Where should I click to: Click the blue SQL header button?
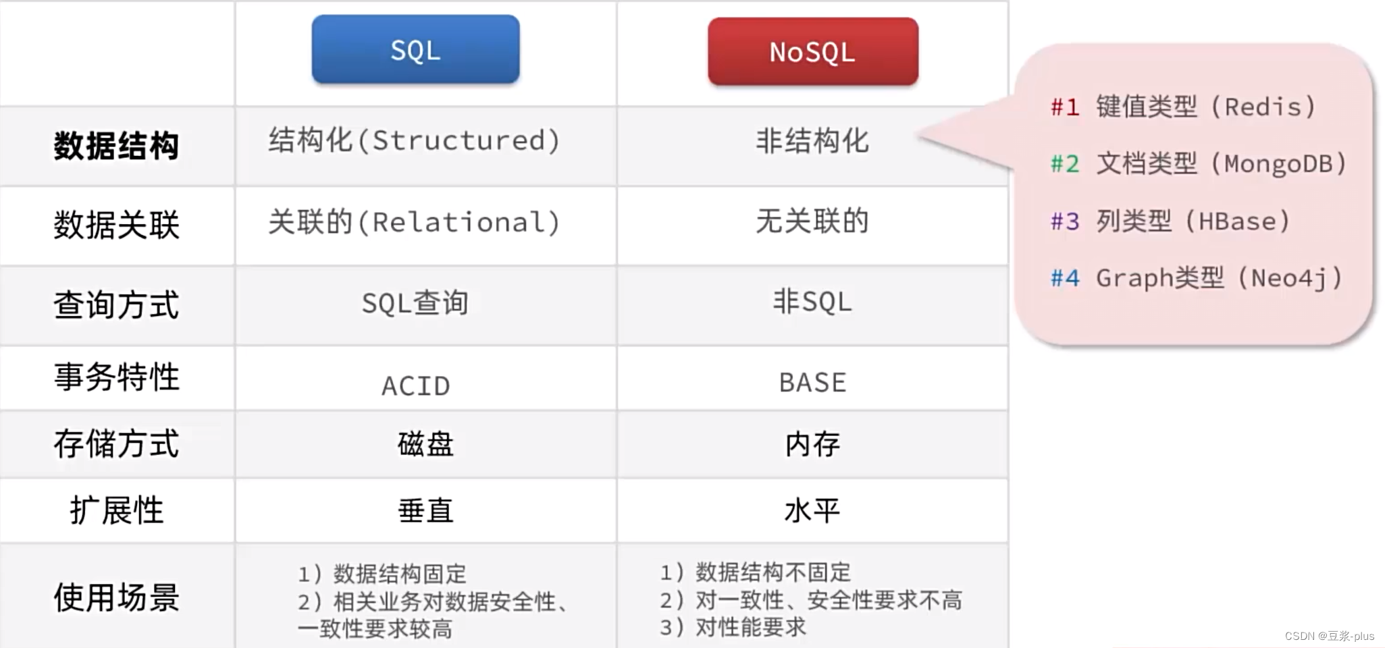pos(415,49)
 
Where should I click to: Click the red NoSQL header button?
pos(813,51)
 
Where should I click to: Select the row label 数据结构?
pos(116,146)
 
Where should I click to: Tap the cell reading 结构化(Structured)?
pos(415,140)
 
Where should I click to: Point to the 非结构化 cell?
pos(812,141)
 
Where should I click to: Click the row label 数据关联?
pos(116,225)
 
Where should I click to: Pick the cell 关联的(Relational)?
pos(415,222)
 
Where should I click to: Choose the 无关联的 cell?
pos(812,221)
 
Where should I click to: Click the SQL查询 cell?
pos(415,302)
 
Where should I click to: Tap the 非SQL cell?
pos(812,301)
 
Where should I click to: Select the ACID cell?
pos(415,386)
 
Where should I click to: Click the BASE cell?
pos(812,383)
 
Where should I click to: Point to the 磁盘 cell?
pos(425,444)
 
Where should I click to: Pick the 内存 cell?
pos(812,444)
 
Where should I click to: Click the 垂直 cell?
pos(425,510)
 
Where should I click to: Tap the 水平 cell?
pos(812,510)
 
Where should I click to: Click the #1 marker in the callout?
pos(1065,107)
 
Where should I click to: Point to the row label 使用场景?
pos(116,597)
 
